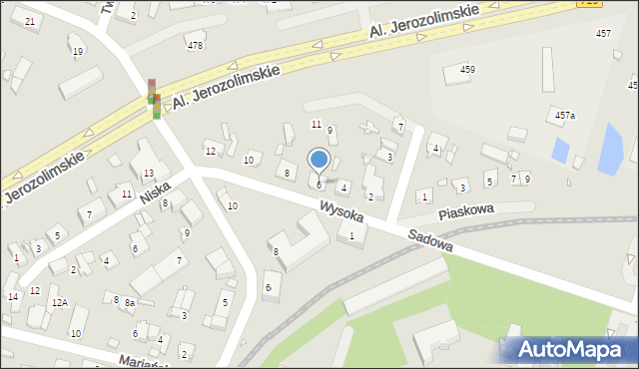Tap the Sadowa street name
pos(430,238)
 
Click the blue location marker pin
pos(319,160)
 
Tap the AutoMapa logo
pos(568,349)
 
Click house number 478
pos(195,45)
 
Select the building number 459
pos(467,69)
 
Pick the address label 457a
pos(565,116)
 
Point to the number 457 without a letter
pos(603,34)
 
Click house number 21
pos(30,21)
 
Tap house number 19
pos(77,51)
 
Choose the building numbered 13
pos(148,175)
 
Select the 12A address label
pos(59,302)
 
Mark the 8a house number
pos(129,302)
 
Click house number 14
pos(12,296)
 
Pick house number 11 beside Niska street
pos(127,193)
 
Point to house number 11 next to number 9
pos(316,125)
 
